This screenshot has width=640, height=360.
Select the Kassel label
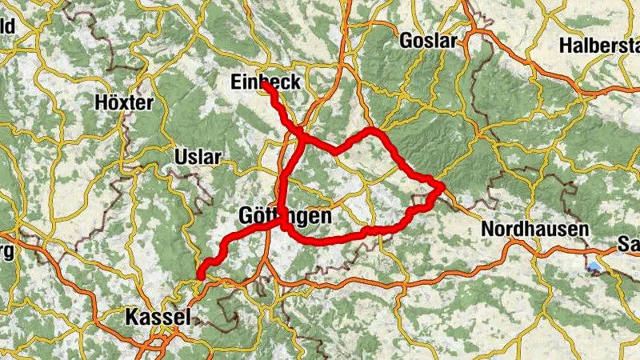pyautogui.click(x=158, y=317)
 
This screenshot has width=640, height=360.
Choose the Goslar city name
pyautogui.click(x=427, y=41)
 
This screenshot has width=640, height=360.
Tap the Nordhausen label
pyautogui.click(x=534, y=229)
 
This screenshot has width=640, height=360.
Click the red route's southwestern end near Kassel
pyautogui.click(x=198, y=277)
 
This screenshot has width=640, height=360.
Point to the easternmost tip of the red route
pyautogui.click(x=442, y=186)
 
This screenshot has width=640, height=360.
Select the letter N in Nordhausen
pyautogui.click(x=487, y=229)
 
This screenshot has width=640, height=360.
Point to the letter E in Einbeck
pyautogui.click(x=234, y=82)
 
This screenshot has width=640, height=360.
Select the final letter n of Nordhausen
pyautogui.click(x=583, y=229)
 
